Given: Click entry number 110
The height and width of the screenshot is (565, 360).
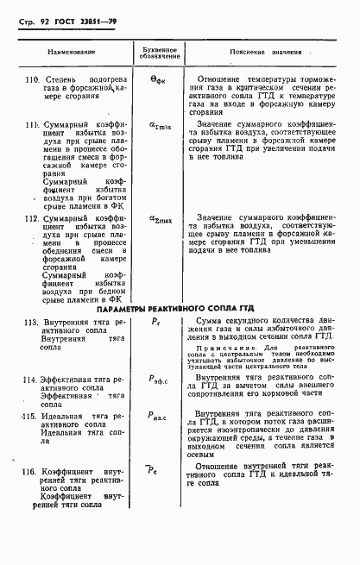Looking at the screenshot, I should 33,80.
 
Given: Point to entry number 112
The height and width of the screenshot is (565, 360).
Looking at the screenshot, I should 33,219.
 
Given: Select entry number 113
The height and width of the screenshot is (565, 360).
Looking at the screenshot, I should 31,321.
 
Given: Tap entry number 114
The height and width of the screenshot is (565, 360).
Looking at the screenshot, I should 31,379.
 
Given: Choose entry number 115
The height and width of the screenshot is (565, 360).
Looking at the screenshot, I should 31,416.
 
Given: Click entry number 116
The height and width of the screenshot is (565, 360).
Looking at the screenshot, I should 31,472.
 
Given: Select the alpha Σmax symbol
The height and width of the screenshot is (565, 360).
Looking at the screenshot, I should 161,219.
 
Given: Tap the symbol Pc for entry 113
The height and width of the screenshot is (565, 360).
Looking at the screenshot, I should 156,321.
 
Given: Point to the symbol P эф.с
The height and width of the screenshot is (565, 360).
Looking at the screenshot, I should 161,379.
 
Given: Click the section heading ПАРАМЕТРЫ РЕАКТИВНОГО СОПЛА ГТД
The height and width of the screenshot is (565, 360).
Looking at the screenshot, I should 180,307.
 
